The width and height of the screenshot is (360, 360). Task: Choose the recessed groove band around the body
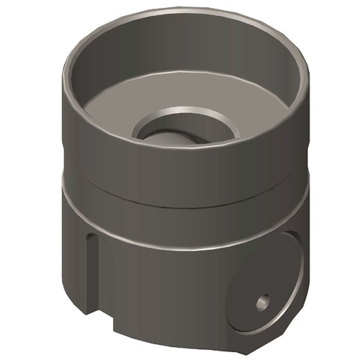pos(180,193)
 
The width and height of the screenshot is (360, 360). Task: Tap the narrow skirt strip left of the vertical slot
pos(76,259)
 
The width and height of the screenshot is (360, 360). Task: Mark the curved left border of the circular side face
pos(232,288)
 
